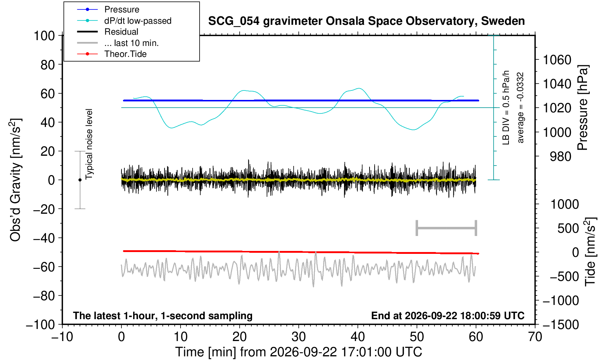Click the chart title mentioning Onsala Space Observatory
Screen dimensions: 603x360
pos(366,21)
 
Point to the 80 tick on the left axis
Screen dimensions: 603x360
pos(48,65)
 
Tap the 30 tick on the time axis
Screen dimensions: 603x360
pos(298,337)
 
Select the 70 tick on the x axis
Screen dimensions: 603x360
pos(535,337)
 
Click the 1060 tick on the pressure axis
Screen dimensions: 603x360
pos(557,60)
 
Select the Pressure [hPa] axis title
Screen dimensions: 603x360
pos(583,108)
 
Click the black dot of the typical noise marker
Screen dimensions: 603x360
pos(80,180)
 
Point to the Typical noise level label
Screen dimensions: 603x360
pos(89,144)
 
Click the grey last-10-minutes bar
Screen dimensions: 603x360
pos(447,228)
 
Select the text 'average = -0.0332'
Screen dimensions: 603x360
pos(520,108)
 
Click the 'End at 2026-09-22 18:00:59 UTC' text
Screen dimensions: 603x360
pos(448,316)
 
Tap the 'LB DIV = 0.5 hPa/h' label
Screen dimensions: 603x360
pos(506,108)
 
